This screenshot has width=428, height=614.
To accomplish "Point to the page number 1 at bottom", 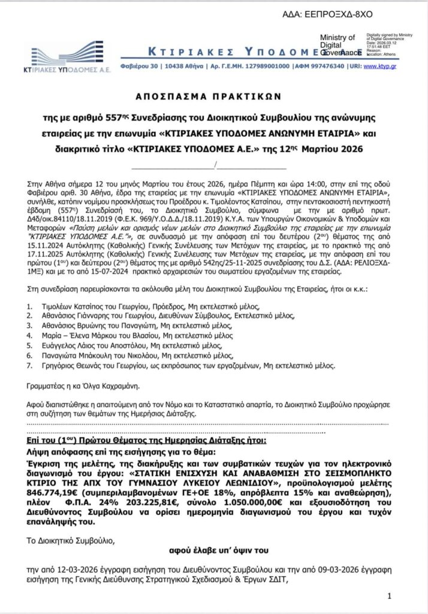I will [x=390, y=595].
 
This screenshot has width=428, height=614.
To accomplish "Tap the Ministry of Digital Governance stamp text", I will [x=337, y=45].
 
